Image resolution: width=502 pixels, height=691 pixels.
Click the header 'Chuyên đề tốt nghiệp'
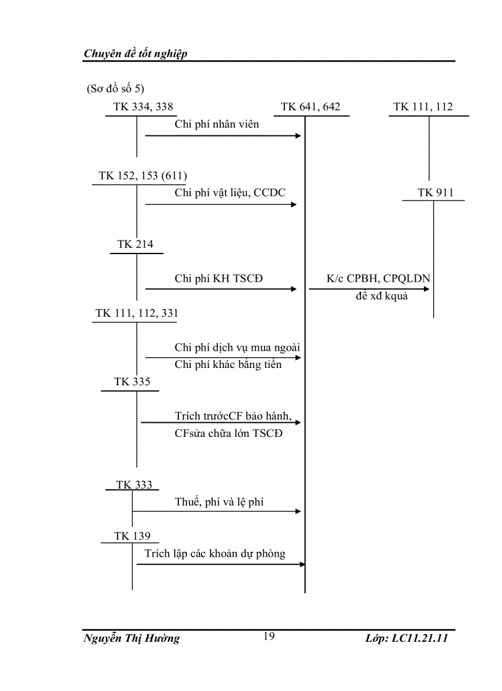click(x=135, y=54)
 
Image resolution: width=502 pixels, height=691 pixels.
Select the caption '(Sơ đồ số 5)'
click(x=116, y=89)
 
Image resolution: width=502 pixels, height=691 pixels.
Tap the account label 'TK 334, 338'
click(x=143, y=107)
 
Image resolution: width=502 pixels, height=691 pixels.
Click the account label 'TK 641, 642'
click(x=310, y=107)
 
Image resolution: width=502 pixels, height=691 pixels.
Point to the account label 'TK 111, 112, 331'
click(x=137, y=313)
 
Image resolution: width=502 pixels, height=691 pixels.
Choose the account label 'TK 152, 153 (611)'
click(x=143, y=176)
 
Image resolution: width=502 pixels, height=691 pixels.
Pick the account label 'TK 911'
click(x=435, y=193)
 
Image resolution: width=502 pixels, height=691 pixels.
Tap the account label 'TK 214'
click(x=135, y=244)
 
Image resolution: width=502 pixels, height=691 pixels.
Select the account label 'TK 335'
click(x=132, y=382)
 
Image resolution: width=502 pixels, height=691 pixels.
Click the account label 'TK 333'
click(x=134, y=485)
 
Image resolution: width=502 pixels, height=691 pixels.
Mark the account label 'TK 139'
click(x=132, y=536)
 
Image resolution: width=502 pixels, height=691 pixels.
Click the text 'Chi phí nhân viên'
click(x=217, y=124)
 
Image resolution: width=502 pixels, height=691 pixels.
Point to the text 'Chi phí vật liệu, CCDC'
click(x=230, y=193)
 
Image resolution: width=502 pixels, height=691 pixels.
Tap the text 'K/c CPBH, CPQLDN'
click(x=378, y=279)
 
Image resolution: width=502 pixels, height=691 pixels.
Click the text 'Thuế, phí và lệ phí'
click(x=219, y=502)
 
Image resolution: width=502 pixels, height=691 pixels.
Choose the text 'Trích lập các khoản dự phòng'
click(x=215, y=553)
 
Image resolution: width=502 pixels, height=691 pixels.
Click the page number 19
click(x=269, y=636)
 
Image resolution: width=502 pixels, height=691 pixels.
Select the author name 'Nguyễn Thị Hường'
click(x=131, y=638)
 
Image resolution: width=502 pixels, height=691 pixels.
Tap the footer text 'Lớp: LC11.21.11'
click(x=406, y=638)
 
